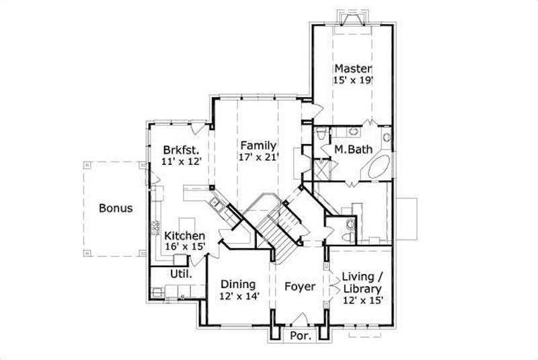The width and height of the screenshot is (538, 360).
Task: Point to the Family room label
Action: [258, 145]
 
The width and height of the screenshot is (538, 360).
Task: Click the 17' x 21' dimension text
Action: [258, 157]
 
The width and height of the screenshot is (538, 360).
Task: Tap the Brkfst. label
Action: [180, 149]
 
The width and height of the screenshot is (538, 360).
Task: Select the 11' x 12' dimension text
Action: [180, 161]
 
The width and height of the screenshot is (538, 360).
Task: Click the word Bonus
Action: [115, 208]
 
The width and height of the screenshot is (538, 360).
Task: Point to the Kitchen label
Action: [185, 236]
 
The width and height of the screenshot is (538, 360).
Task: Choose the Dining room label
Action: [238, 283]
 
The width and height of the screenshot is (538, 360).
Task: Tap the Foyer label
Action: [299, 287]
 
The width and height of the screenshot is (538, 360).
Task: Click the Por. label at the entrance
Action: [300, 334]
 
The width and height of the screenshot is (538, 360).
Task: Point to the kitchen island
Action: [186, 223]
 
